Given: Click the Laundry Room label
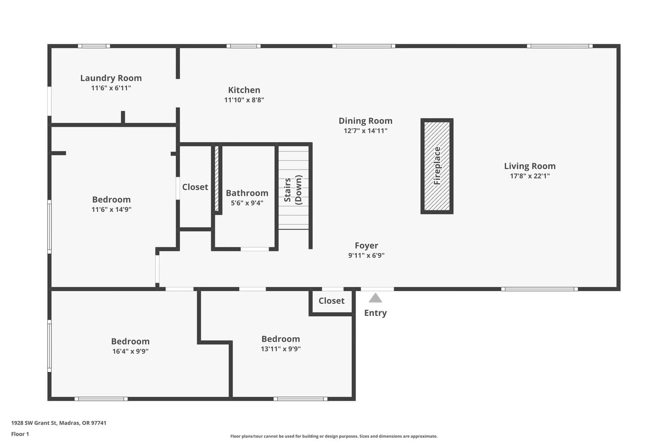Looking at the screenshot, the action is point(111,78).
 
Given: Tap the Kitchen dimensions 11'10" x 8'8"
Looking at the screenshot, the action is point(244,100).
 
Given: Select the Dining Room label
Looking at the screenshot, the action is point(365,121).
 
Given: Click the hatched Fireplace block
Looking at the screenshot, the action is point(437,166).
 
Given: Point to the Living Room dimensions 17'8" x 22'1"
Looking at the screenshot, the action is point(530,176).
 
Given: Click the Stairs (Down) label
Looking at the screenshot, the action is point(294,190).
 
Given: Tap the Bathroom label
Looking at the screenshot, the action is point(247,193).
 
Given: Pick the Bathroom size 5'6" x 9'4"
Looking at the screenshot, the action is point(247,203).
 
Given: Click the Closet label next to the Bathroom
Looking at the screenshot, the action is point(195,187).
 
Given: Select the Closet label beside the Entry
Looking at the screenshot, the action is point(331,301).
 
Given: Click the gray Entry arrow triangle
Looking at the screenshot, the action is point(375,298).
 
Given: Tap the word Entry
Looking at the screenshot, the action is point(375,313).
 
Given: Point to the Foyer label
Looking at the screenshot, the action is point(366,246).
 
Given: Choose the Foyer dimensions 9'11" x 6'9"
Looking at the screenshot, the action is point(366,256).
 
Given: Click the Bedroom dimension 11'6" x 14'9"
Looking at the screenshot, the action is point(111,209).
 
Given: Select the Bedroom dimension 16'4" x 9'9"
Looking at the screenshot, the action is point(130,352).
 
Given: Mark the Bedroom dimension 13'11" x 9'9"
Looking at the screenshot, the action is point(281,349).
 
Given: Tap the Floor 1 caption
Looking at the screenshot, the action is point(20,434).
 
